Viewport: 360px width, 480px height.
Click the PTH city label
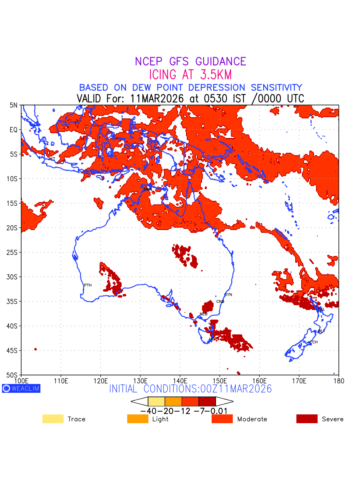[88, 285]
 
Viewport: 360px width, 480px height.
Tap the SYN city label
[228, 295]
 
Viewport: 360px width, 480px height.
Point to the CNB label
[220, 302]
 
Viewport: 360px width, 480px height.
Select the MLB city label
[204, 314]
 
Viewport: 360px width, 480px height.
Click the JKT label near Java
[52, 159]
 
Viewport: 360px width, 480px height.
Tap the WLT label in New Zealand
[321, 331]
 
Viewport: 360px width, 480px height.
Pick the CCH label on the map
[314, 342]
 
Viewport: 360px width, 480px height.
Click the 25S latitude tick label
[13, 252]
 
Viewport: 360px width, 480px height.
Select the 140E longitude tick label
[180, 380]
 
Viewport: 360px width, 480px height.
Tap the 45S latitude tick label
[13, 350]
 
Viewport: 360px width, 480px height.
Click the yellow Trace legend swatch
[53, 419]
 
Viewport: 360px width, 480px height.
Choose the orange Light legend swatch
[137, 419]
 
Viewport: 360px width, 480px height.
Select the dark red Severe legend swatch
[307, 419]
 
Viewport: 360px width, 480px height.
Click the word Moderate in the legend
[252, 419]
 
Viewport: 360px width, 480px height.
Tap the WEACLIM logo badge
[21, 388]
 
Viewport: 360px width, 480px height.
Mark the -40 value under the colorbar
[148, 411]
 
